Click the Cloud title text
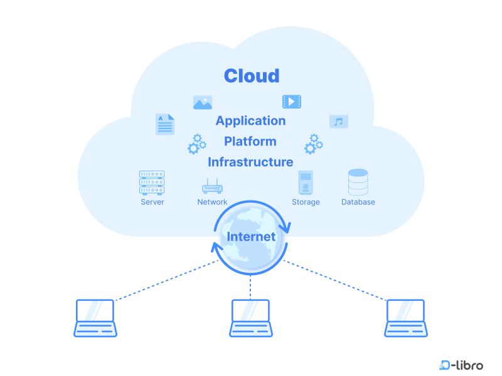[251, 76]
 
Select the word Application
[250, 121]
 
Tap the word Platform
[250, 141]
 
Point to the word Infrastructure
[250, 162]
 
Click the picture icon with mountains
[203, 103]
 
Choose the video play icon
[292, 102]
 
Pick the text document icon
[164, 124]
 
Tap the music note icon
[339, 122]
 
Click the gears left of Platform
[196, 144]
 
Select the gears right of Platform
[313, 144]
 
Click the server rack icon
[152, 183]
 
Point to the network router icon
[212, 186]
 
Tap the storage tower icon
[306, 183]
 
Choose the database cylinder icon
[358, 182]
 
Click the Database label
[358, 202]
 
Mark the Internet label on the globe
[251, 237]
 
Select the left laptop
[95, 318]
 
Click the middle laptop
[250, 318]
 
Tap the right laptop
[405, 318]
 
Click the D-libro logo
[461, 364]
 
